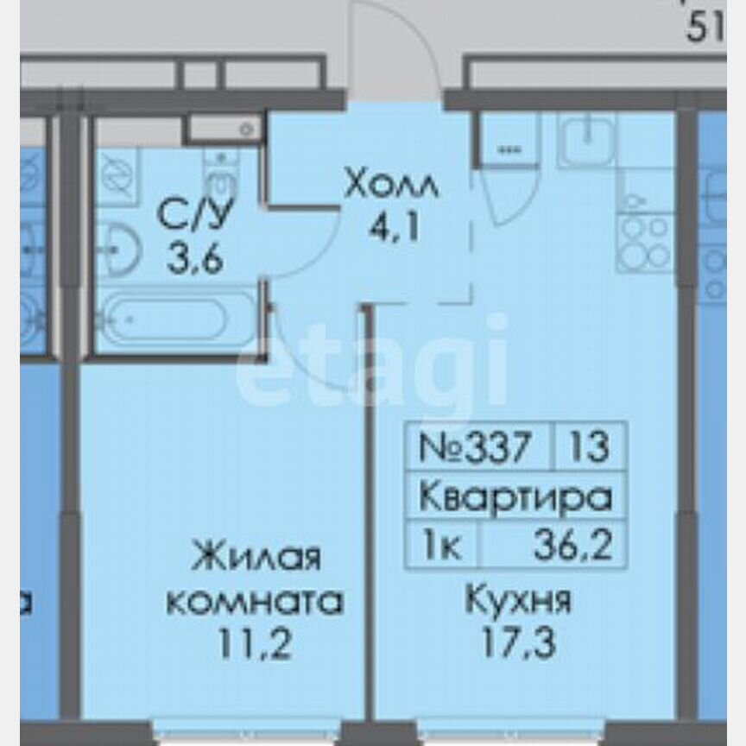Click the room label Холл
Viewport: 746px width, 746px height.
[x=391, y=185]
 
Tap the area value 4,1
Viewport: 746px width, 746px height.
[x=396, y=231]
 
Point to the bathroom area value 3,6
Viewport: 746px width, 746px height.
[x=195, y=257]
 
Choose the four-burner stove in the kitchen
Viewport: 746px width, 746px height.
[x=645, y=242]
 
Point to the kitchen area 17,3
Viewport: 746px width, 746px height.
[x=518, y=642]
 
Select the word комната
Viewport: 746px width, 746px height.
[x=254, y=600]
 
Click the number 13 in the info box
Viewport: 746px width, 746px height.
[x=590, y=447]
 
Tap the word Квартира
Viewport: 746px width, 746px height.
[x=515, y=497]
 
